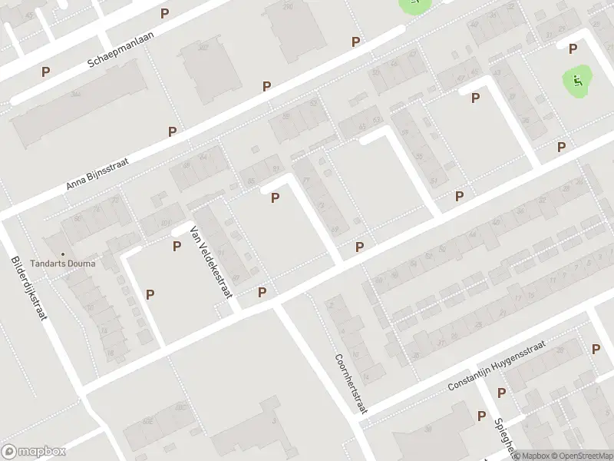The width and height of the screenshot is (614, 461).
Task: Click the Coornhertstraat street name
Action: [x=350, y=383]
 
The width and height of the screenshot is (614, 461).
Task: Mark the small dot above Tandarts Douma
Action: [x=64, y=252]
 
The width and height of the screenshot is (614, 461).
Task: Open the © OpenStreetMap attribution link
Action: [x=581, y=456]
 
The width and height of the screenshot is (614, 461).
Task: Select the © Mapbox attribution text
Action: [x=531, y=456]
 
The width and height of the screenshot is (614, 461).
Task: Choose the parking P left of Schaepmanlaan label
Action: [x=45, y=71]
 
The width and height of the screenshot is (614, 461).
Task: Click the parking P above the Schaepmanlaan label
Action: [x=164, y=13]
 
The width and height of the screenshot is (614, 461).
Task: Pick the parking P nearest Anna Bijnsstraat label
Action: [x=172, y=131]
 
